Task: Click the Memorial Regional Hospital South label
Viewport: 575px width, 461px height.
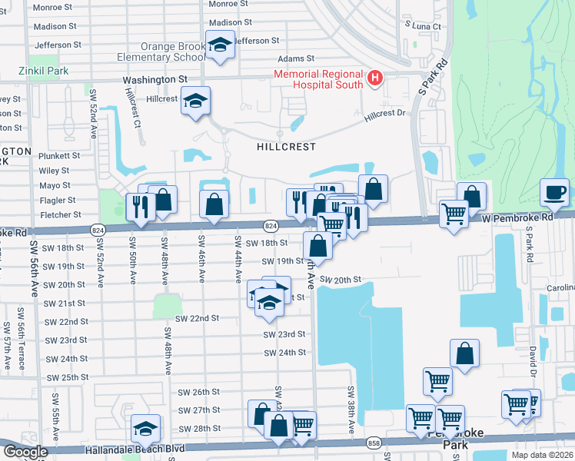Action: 319,79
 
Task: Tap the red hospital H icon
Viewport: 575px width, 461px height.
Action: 374,77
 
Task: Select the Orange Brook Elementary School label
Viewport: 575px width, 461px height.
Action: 161,51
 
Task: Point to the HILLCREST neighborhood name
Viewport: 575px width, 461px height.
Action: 287,146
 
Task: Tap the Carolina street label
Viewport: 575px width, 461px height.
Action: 560,288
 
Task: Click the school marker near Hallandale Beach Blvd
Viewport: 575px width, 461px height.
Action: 145,428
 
